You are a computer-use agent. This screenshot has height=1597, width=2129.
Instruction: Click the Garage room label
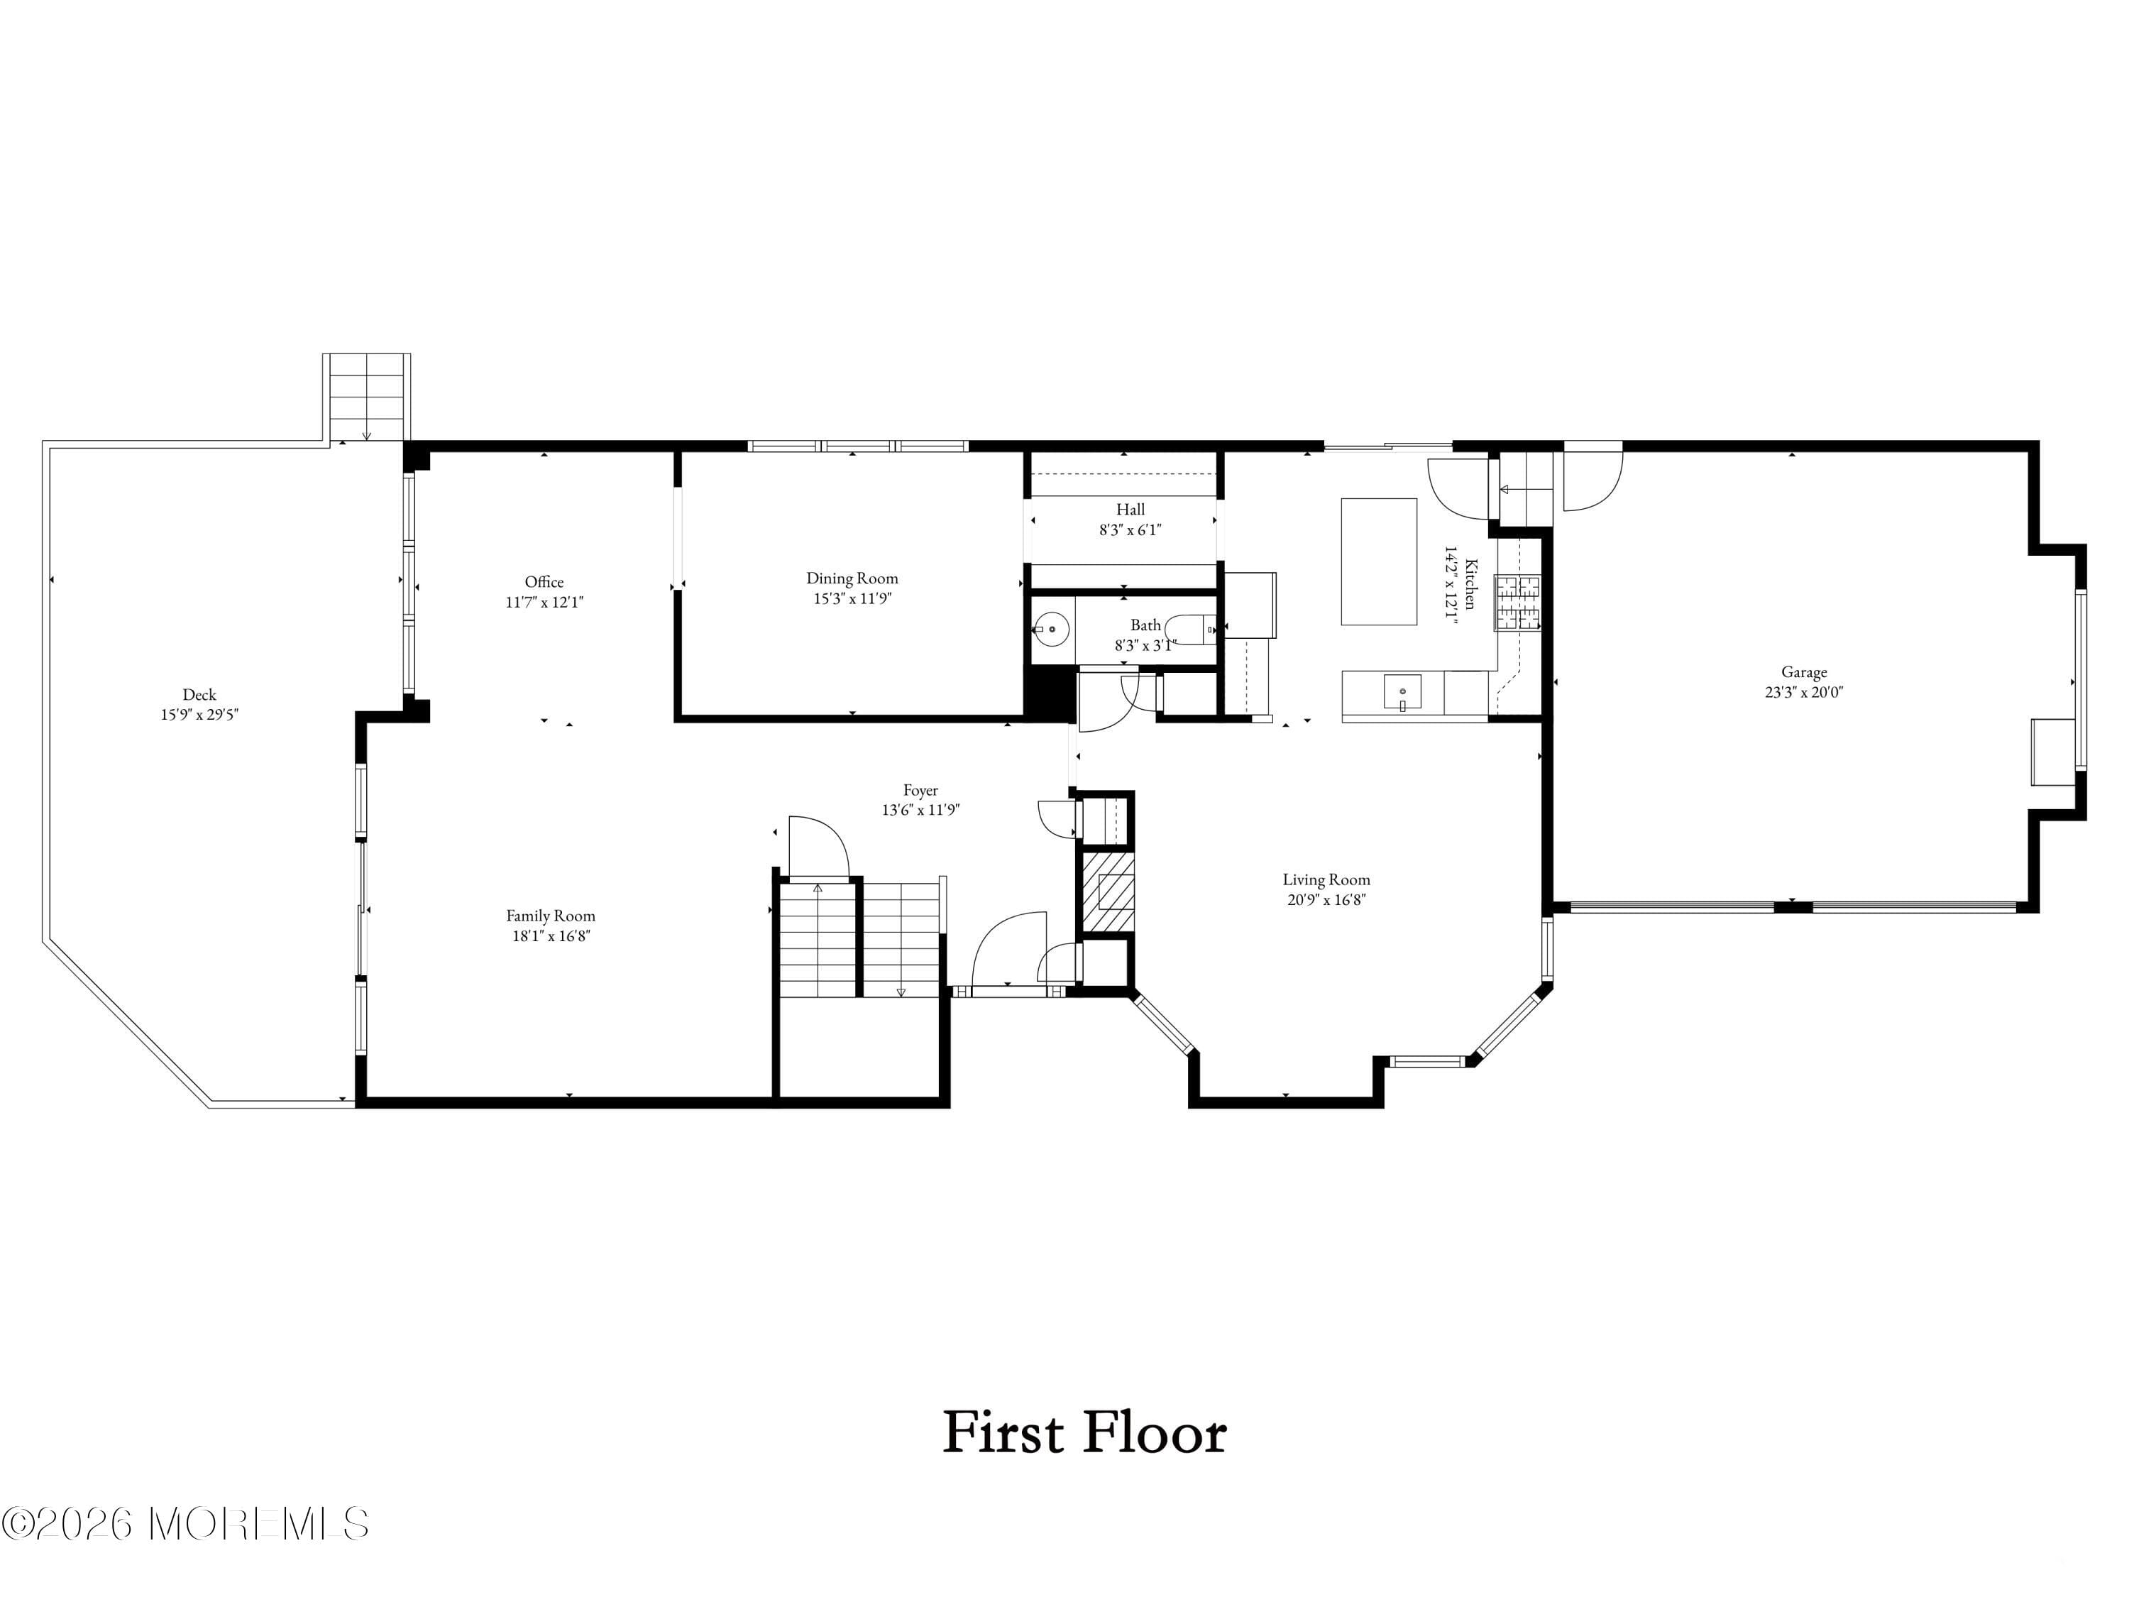pyautogui.click(x=1803, y=672)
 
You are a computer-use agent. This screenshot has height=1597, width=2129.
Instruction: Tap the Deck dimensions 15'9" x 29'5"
pyautogui.click(x=199, y=714)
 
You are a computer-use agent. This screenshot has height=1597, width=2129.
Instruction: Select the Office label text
pyautogui.click(x=544, y=581)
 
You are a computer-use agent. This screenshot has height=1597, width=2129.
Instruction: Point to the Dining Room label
pyautogui.click(x=852, y=578)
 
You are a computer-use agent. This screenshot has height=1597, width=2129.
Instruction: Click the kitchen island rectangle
pyautogui.click(x=1378, y=561)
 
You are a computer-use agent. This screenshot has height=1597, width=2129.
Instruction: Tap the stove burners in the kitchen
pyautogui.click(x=1516, y=603)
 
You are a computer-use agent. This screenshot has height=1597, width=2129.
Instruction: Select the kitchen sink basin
pyautogui.click(x=1402, y=691)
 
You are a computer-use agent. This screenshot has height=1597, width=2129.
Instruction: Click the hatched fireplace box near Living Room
pyautogui.click(x=1108, y=891)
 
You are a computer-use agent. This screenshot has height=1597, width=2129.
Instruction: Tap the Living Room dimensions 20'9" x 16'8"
pyautogui.click(x=1326, y=900)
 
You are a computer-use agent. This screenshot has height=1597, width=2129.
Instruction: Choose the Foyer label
pyautogui.click(x=920, y=789)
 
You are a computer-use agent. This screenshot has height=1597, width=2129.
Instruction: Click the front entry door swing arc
pyautogui.click(x=1008, y=948)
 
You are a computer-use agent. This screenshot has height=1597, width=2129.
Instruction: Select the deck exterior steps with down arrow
pyautogui.click(x=365, y=397)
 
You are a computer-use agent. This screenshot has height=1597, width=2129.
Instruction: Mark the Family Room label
pyautogui.click(x=551, y=916)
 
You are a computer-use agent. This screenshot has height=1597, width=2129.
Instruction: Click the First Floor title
pyautogui.click(x=1084, y=1432)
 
